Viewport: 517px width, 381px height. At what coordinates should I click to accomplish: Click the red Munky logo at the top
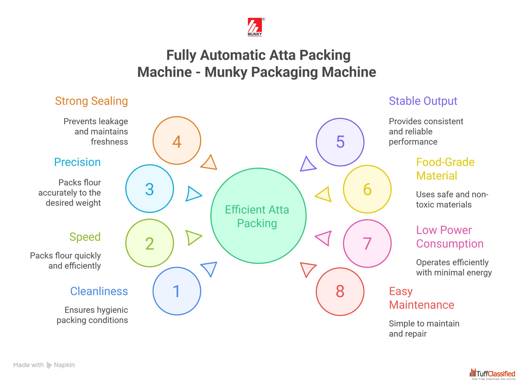(255, 27)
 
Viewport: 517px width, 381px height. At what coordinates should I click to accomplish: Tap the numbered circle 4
(177, 141)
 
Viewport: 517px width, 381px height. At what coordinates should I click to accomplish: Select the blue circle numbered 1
(177, 291)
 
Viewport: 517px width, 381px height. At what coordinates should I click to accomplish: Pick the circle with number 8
(340, 291)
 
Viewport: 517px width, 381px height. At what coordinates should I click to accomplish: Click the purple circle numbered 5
(340, 142)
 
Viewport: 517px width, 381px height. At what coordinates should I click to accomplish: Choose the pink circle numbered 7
(367, 243)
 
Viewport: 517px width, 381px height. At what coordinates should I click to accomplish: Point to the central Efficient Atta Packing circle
(258, 216)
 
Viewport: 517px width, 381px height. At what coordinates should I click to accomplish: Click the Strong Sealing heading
(91, 101)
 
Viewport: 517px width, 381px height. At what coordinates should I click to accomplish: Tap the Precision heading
(77, 162)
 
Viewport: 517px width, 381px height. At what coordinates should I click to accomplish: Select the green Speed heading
(85, 237)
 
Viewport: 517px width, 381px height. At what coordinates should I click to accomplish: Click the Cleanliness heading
(99, 291)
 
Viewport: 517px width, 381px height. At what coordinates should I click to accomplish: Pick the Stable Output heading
(423, 101)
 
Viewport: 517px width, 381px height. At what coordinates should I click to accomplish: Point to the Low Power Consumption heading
(450, 237)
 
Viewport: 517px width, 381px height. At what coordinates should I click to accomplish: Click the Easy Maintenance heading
(421, 298)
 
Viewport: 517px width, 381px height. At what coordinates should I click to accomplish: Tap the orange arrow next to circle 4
(210, 163)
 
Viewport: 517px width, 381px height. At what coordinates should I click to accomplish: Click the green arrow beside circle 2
(193, 237)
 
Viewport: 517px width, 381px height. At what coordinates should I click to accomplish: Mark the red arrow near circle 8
(307, 269)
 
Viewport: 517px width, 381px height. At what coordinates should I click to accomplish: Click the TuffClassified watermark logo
(492, 374)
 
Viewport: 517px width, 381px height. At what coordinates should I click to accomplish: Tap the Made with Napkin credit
(44, 365)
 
